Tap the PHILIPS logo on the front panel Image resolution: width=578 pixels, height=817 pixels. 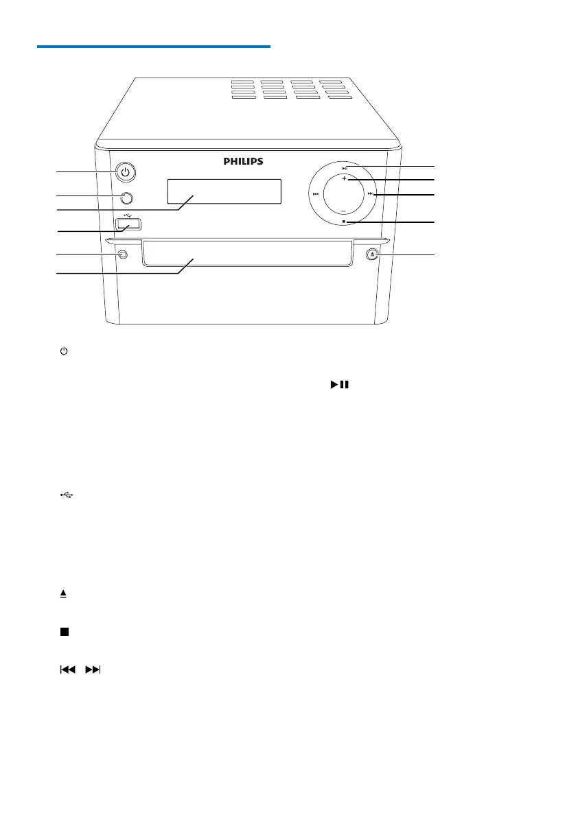[x=243, y=162]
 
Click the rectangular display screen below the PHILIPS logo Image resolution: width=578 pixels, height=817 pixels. [x=223, y=191]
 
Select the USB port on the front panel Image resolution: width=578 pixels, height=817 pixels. [x=128, y=224]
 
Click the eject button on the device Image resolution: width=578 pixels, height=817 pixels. [x=371, y=254]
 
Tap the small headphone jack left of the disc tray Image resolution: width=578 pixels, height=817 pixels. [x=122, y=254]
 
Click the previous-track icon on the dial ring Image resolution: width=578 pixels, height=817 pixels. [x=315, y=194]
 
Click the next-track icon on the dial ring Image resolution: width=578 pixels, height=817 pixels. [x=371, y=194]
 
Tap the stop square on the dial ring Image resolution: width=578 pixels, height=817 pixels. [x=343, y=222]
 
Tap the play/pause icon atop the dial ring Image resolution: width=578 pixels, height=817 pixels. [x=345, y=167]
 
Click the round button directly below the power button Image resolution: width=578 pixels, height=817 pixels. [x=126, y=199]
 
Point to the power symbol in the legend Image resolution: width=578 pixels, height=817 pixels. [x=63, y=351]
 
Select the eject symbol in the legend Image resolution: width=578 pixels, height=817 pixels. [x=63, y=594]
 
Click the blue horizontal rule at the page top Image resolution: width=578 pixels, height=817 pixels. [x=154, y=47]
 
